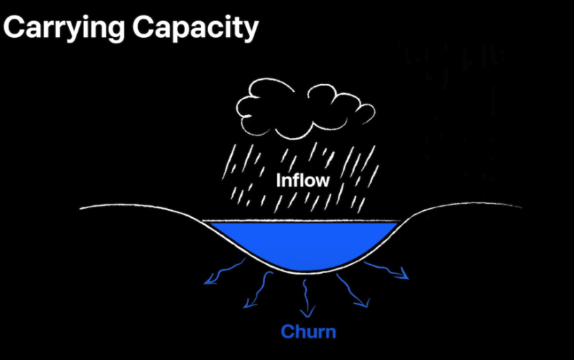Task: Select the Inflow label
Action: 302,180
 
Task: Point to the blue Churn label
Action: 308,331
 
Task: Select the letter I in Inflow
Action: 278,180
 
